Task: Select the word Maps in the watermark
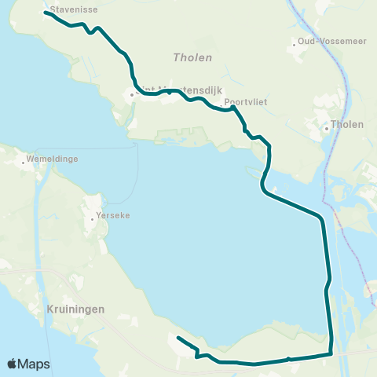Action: (x=35, y=364)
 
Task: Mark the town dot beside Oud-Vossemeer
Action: (x=295, y=44)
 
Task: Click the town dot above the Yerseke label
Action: (x=93, y=218)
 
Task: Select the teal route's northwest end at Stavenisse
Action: (x=46, y=13)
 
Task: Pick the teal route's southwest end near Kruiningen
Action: (x=178, y=338)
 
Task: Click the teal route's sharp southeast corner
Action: (x=331, y=353)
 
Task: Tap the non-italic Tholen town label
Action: (x=346, y=124)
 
